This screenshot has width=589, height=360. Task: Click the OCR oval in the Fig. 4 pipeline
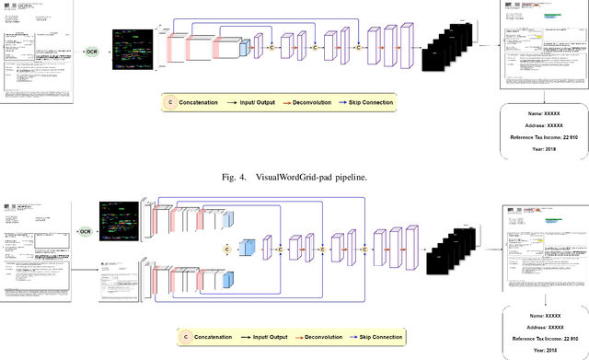(x=92, y=51)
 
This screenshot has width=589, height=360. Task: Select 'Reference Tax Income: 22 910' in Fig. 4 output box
(x=542, y=135)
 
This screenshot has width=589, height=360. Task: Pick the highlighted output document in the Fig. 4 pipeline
(x=543, y=46)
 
